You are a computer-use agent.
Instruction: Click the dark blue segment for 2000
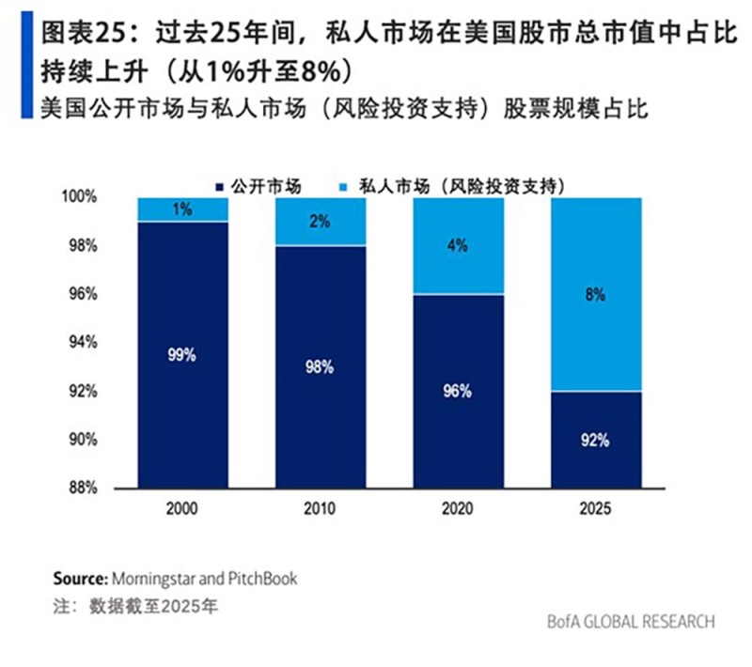(182, 355)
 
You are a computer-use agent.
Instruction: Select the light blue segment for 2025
(596, 294)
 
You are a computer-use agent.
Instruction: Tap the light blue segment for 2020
(458, 246)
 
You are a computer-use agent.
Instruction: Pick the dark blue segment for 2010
(320, 367)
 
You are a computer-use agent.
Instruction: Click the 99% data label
(182, 355)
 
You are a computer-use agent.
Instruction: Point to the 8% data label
(596, 294)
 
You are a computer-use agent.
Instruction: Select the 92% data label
(596, 440)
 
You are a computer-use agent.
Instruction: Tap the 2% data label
(320, 222)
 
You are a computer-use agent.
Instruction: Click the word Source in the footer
(79, 578)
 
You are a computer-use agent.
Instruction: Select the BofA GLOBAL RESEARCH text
(631, 622)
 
